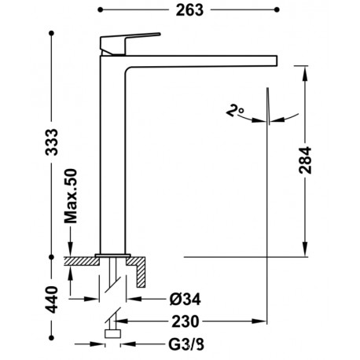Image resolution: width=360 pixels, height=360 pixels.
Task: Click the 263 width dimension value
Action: (189, 10)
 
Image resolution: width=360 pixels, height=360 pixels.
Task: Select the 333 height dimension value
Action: (51, 142)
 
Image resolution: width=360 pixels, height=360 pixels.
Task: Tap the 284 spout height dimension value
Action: (305, 160)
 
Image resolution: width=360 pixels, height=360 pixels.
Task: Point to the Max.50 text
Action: (71, 197)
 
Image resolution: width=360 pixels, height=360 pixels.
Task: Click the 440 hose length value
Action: (51, 300)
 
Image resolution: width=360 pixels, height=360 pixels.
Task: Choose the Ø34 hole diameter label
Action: (185, 299)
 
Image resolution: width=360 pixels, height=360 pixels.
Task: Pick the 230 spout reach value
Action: (186, 321)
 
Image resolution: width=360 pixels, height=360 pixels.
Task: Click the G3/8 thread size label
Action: (186, 344)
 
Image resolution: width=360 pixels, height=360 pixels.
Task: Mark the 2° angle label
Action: (234, 110)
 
